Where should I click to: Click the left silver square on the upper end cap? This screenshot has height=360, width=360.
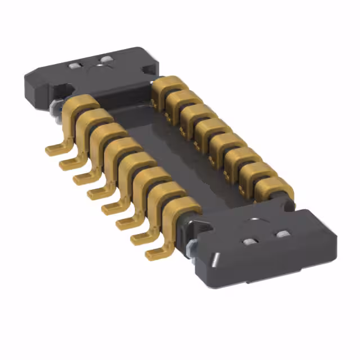coord(73,66)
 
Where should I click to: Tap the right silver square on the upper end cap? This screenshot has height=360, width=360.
coord(105,60)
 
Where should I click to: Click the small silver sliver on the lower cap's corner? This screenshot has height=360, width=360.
coord(215,260)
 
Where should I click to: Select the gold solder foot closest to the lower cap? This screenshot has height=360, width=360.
coord(154,254)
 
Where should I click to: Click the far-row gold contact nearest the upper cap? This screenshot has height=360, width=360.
coord(164,87)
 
